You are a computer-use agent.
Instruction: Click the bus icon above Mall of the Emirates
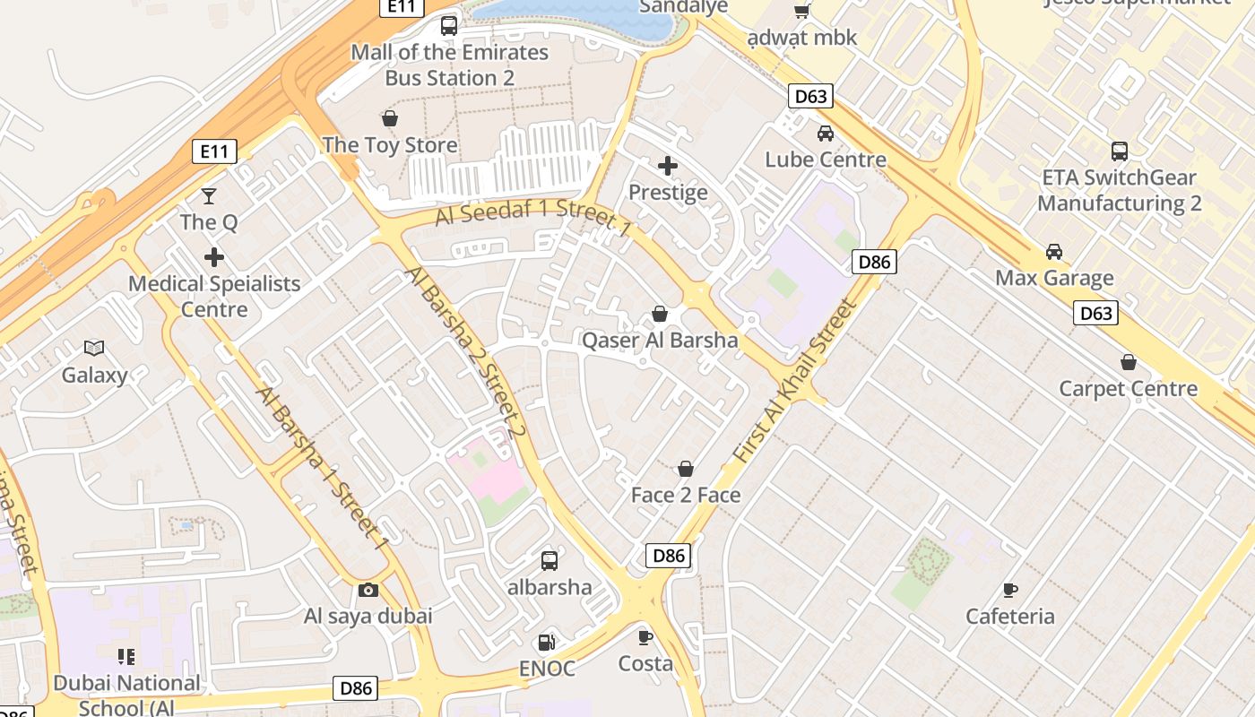[x=449, y=25]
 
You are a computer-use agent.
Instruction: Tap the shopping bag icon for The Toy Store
[x=390, y=118]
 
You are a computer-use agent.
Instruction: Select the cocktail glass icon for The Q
[x=209, y=195]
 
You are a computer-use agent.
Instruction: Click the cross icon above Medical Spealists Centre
[x=214, y=257]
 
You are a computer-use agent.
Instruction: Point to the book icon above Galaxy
[x=94, y=348]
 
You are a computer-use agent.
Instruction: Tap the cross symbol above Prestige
[x=668, y=166]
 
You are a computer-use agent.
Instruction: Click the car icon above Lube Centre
[x=826, y=134]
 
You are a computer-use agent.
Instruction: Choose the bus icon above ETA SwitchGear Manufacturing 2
[x=1120, y=151]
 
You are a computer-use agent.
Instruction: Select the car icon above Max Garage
[x=1054, y=252]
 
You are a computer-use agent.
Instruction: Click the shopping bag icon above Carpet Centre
[x=1129, y=362]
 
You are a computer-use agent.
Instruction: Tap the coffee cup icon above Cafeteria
[x=1010, y=590]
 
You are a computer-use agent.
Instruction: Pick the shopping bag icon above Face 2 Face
[x=686, y=469]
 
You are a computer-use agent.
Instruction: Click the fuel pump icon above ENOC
[x=546, y=642]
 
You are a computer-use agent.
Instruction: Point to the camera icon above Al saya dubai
[x=368, y=590]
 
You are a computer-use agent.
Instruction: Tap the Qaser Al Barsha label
[x=660, y=341]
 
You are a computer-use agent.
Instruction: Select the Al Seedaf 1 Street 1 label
[x=534, y=218]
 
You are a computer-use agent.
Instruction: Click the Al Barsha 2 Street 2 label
[x=464, y=352]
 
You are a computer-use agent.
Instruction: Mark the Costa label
[x=645, y=664]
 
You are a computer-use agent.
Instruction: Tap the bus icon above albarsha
[x=550, y=561]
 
